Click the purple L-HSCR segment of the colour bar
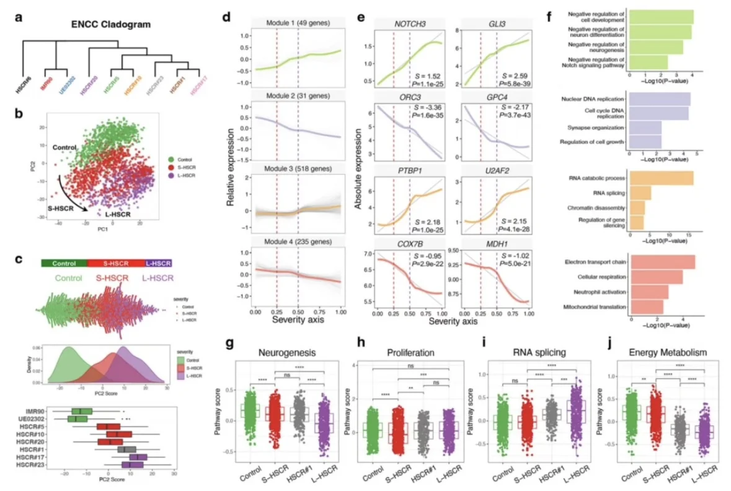click(x=158, y=263)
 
